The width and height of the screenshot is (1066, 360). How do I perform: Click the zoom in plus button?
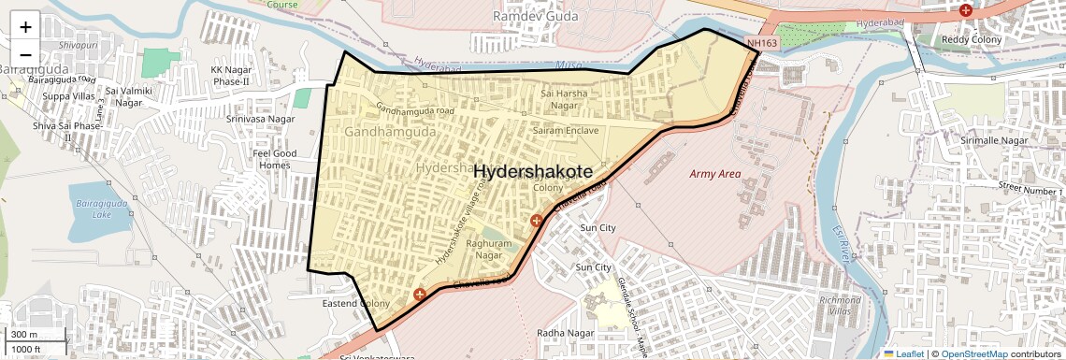tap(25, 26)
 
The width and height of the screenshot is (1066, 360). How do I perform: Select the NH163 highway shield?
tap(762, 43)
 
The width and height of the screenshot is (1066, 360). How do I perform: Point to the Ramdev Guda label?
tap(535, 17)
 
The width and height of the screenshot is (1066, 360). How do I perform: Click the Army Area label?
tap(714, 174)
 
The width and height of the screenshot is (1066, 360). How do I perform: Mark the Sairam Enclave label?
tap(565, 131)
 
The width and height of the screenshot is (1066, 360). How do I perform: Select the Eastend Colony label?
tap(355, 304)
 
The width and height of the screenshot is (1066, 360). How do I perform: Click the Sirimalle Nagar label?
tap(994, 140)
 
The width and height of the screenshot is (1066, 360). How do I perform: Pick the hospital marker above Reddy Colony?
tap(966, 11)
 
